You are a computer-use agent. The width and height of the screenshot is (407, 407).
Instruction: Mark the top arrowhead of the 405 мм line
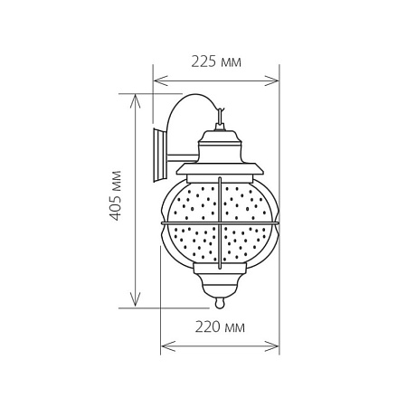click(137, 95)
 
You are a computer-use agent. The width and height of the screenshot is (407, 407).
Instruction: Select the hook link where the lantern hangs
click(220, 117)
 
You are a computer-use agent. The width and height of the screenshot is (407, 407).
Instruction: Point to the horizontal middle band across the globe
click(221, 223)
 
